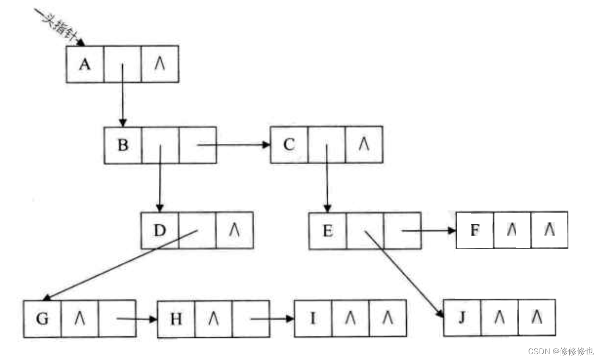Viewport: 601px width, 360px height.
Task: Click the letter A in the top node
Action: click(x=84, y=64)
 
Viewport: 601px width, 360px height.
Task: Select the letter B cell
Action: click(x=123, y=145)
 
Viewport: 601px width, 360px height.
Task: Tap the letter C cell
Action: click(x=289, y=144)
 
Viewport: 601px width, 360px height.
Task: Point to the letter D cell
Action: click(x=160, y=231)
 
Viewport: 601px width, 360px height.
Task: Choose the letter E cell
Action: click(x=328, y=231)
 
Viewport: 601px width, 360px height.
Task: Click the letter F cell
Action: click(x=475, y=231)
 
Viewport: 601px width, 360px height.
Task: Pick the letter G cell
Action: click(x=42, y=319)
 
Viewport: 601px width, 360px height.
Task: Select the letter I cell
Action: click(x=313, y=318)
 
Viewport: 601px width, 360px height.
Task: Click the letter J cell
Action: click(x=462, y=318)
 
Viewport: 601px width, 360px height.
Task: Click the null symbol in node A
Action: click(x=160, y=64)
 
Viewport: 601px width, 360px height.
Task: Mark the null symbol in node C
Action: click(x=364, y=144)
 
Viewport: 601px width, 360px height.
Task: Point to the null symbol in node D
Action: click(x=235, y=231)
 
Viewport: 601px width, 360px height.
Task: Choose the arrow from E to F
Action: click(x=427, y=231)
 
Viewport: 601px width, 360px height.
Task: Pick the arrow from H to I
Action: click(x=271, y=318)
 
